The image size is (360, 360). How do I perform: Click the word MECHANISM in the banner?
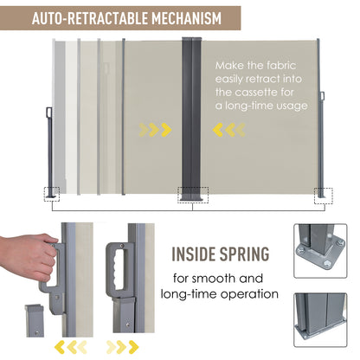(x=187, y=18)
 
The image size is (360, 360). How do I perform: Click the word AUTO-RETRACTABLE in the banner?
(x=90, y=18)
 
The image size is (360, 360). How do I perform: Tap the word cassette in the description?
(x=254, y=93)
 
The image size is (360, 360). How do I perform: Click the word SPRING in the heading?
(x=245, y=254)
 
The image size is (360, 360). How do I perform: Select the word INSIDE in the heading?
(x=194, y=254)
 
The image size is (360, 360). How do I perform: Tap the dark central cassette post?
(x=191, y=119)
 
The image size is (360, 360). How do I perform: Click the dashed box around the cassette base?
(x=193, y=195)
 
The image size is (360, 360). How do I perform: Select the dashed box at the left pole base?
(x=52, y=194)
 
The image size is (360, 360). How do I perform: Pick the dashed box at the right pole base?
(x=323, y=196)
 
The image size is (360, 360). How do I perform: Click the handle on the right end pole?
(x=322, y=96)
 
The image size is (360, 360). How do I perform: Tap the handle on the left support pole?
(x=49, y=112)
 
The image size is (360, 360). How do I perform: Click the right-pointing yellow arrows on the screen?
(x=155, y=130)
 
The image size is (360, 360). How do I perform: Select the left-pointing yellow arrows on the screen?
(x=229, y=130)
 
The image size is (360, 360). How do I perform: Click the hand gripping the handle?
(x=29, y=260)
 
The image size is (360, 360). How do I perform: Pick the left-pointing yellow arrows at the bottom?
(x=71, y=347)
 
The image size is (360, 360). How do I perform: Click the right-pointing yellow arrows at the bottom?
(x=122, y=347)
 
